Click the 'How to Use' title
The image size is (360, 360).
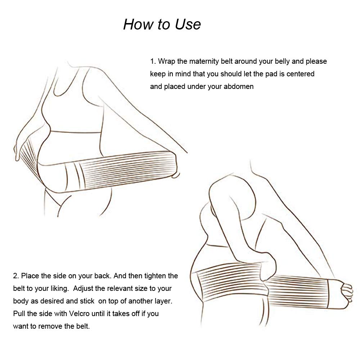[x=162, y=24]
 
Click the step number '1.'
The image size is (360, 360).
[x=153, y=61]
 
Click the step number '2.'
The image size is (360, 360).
[x=16, y=276]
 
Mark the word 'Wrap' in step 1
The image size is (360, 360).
[x=166, y=61]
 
